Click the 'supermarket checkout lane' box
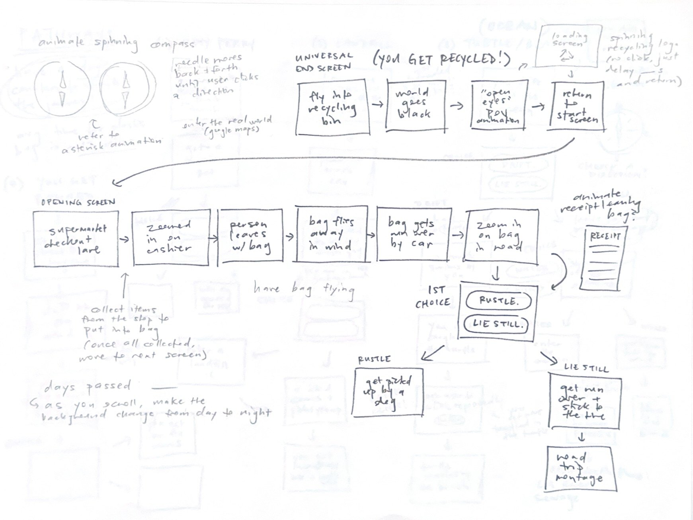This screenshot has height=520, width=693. (76, 239)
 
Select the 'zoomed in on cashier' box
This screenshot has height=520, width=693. (171, 237)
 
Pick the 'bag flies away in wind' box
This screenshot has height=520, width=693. (332, 234)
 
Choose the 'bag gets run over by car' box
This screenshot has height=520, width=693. (414, 234)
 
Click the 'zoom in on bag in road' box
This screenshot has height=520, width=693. (502, 237)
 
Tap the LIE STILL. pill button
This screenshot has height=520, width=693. (496, 324)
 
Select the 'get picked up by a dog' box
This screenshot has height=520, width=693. (388, 392)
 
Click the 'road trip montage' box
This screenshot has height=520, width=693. (581, 468)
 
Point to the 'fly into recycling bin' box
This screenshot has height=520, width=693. (332, 107)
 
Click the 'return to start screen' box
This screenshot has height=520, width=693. (578, 106)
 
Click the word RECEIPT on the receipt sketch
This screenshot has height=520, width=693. (605, 237)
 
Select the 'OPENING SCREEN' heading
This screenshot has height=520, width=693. (78, 202)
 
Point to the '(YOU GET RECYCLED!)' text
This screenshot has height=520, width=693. (442, 60)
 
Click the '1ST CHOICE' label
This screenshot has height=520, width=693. (433, 297)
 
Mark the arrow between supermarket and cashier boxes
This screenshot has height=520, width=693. (125, 239)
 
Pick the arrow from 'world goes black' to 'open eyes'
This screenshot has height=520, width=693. (457, 106)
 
